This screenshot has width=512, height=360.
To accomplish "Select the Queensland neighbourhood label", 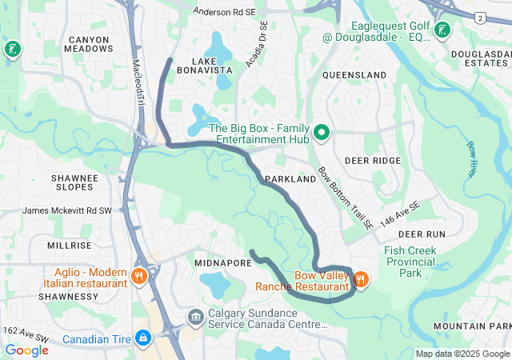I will click(x=354, y=74).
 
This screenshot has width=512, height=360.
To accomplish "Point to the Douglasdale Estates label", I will click(x=480, y=58).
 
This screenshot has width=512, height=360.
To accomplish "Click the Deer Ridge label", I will click(x=372, y=161).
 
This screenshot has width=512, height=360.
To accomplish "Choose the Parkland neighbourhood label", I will click(x=290, y=180).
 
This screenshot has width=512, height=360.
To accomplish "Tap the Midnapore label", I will click(x=223, y=262).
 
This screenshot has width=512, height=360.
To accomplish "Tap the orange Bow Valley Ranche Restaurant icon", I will click(x=360, y=279).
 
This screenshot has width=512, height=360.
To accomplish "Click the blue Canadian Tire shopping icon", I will click(x=143, y=339).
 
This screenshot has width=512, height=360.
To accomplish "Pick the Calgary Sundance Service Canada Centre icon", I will click(x=195, y=318).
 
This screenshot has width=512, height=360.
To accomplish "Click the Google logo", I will click(x=26, y=350).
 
